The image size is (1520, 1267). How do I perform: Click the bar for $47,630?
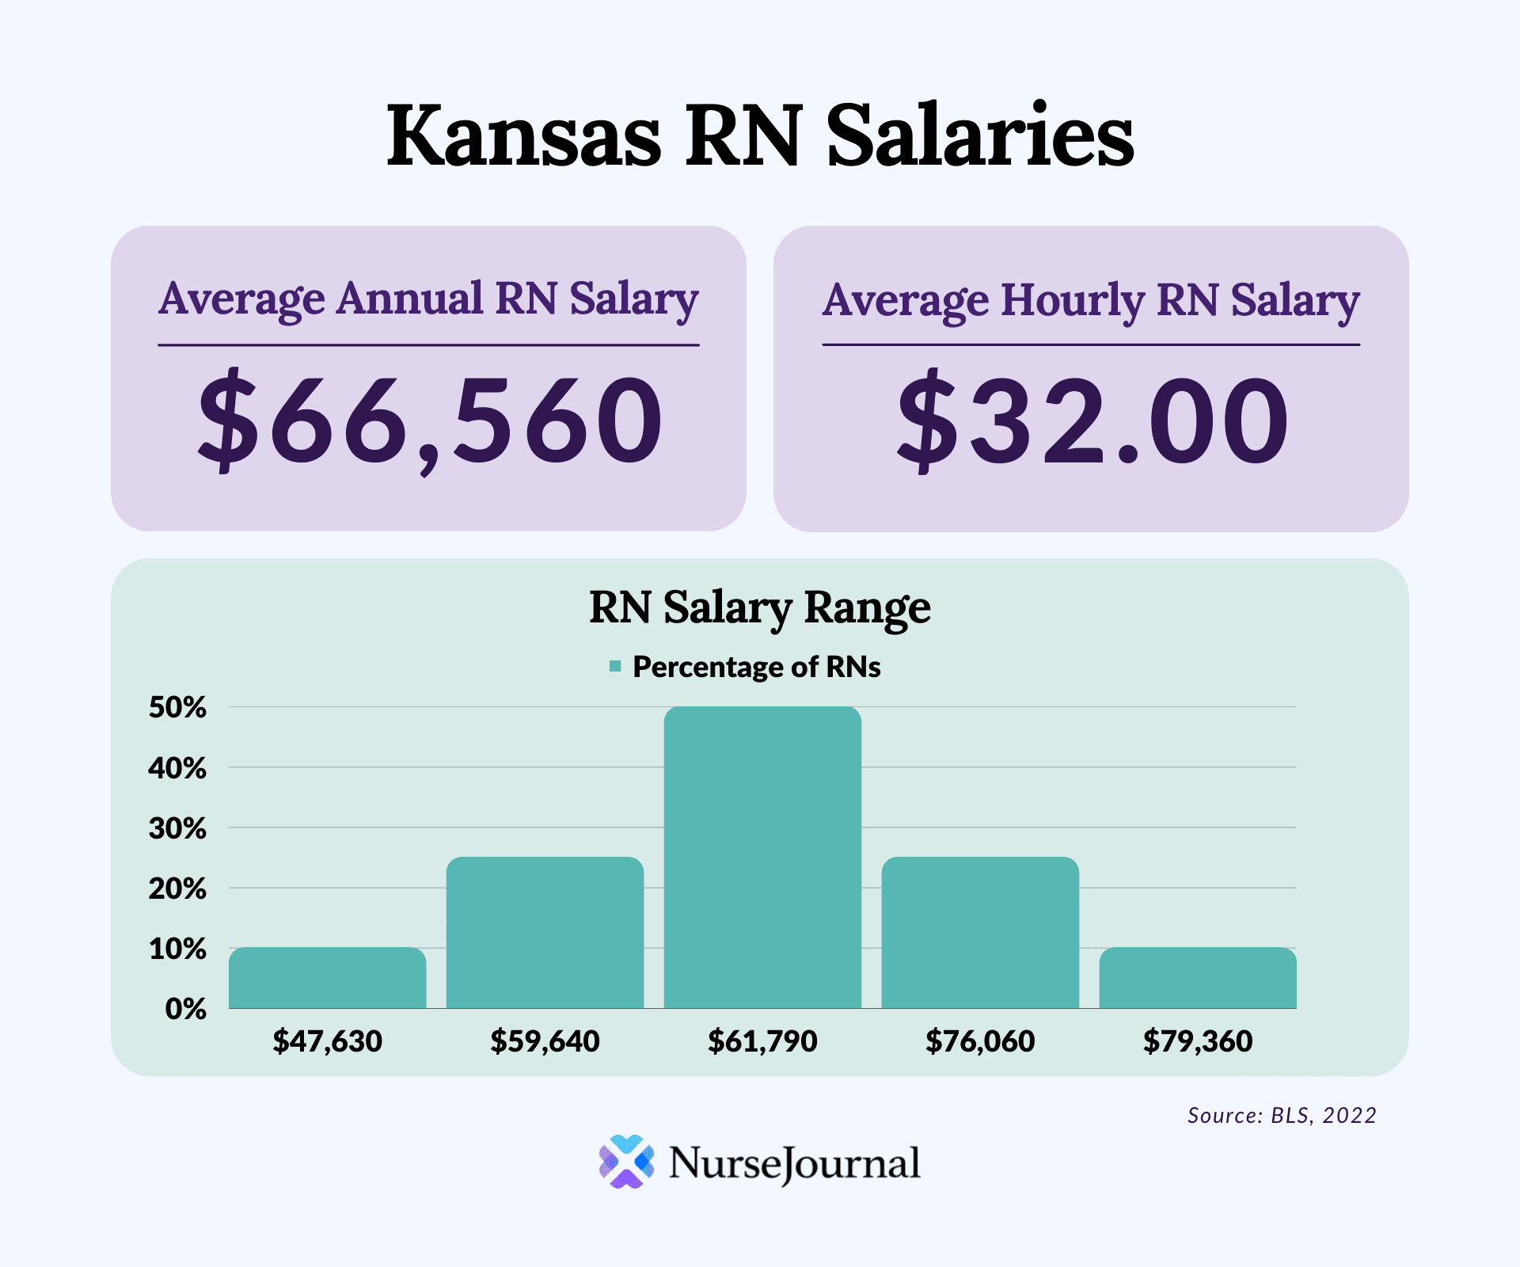[327, 978]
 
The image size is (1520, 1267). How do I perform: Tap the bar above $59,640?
[545, 932]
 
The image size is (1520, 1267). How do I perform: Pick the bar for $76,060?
[980, 932]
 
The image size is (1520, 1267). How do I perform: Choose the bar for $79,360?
[1198, 978]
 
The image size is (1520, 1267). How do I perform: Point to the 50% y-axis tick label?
[177, 707]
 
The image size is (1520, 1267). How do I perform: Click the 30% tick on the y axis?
[177, 828]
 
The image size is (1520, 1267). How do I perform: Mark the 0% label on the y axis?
[186, 1009]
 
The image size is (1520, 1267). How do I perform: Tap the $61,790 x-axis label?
[762, 1041]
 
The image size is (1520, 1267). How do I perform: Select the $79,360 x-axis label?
[1198, 1041]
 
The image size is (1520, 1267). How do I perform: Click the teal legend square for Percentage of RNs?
[615, 667]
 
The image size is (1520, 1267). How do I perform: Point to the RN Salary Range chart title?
[760, 608]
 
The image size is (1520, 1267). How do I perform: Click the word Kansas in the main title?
[523, 135]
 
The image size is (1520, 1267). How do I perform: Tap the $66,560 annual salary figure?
[430, 420]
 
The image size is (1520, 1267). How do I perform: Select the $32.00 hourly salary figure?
[1092, 420]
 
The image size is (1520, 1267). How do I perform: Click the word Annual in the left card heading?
[409, 299]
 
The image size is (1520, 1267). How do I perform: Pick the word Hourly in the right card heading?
[1073, 301]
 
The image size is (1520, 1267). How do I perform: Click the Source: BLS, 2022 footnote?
[1282, 1115]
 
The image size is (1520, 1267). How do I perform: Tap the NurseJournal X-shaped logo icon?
[626, 1162]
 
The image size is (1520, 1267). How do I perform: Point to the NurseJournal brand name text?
[794, 1163]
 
